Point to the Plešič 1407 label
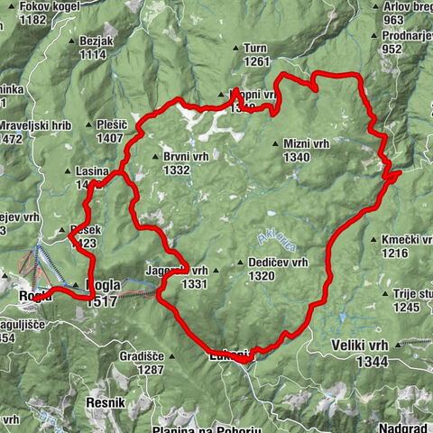(x=109, y=132)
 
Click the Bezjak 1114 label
(x=93, y=48)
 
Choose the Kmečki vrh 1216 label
(x=407, y=246)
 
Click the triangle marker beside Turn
(x=237, y=47)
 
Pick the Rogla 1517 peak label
(x=100, y=295)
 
